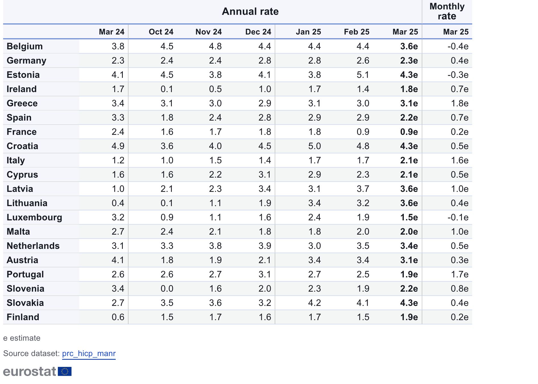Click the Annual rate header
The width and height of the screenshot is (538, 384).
pyautogui.click(x=250, y=11)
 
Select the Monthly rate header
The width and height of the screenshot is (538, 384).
pyautogui.click(x=447, y=11)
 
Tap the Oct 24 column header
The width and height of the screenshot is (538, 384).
pyautogui.click(x=161, y=32)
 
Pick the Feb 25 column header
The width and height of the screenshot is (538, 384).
pyautogui.click(x=356, y=32)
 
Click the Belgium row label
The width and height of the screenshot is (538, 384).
pyautogui.click(x=25, y=46)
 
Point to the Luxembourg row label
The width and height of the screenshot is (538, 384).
pyautogui.click(x=34, y=217)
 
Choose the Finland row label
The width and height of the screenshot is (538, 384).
pyautogui.click(x=23, y=317)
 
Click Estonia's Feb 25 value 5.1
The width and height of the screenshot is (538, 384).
pyautogui.click(x=363, y=75)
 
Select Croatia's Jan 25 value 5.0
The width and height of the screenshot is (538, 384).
pyautogui.click(x=314, y=146)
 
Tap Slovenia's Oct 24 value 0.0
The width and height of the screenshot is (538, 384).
pyautogui.click(x=167, y=288)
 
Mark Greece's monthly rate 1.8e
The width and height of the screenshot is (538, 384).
pyautogui.click(x=459, y=103)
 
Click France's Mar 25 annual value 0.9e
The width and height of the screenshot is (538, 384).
pyautogui.click(x=409, y=132)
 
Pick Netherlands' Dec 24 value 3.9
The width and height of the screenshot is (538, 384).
pyautogui.click(x=265, y=246)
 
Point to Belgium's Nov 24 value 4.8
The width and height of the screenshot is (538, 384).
pyautogui.click(x=215, y=46)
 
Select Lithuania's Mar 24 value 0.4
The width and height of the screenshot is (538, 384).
pyautogui.click(x=118, y=203)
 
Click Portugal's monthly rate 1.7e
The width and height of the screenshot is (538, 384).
pyautogui.click(x=459, y=274)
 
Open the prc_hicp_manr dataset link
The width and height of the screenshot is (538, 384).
pyautogui.click(x=89, y=353)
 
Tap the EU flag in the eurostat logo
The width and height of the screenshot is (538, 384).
pyautogui.click(x=65, y=371)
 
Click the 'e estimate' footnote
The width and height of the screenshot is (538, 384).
pyautogui.click(x=22, y=338)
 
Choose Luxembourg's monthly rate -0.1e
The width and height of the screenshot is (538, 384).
pyautogui.click(x=458, y=217)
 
